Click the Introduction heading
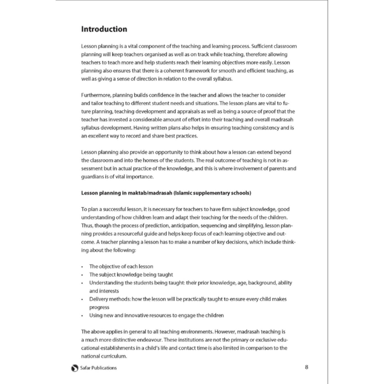[x=104, y=29]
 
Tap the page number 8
[x=307, y=367]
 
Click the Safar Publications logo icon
[x=74, y=368]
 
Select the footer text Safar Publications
[x=98, y=368]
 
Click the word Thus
[x=87, y=226]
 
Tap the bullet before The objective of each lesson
[x=82, y=267]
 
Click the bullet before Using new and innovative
[x=82, y=316]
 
